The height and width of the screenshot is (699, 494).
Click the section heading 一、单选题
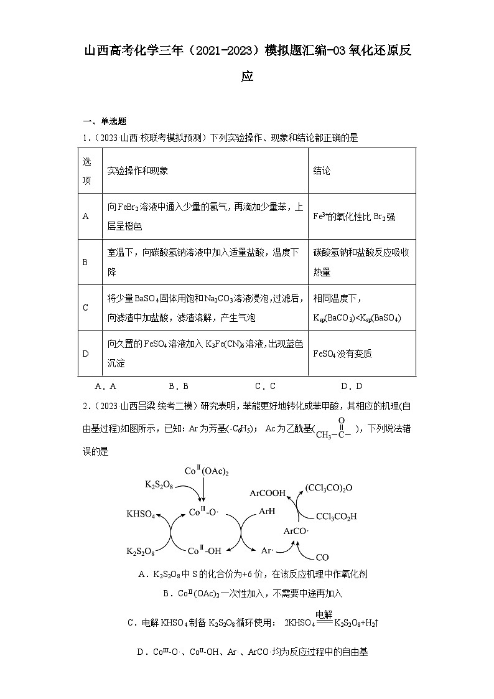click(x=105, y=121)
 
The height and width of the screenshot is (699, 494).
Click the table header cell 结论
click(x=322, y=171)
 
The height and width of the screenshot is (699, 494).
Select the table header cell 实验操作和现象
click(x=137, y=171)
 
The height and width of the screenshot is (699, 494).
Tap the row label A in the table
click(x=85, y=217)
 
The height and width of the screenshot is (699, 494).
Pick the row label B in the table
click(x=85, y=262)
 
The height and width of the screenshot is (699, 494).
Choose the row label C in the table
click(x=85, y=308)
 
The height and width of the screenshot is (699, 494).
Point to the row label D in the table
click(x=85, y=354)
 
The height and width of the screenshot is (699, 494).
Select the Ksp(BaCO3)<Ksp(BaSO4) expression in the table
click(x=357, y=318)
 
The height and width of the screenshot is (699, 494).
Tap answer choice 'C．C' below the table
click(x=265, y=386)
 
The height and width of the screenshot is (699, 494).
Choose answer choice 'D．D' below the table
click(x=352, y=386)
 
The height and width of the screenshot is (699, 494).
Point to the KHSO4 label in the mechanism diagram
click(x=141, y=514)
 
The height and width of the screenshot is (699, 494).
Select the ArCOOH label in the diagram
click(x=268, y=493)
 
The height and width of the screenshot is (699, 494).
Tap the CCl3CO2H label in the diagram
click(x=336, y=516)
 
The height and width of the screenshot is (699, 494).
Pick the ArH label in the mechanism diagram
click(x=267, y=513)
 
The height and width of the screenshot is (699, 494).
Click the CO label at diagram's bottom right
click(x=322, y=557)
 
